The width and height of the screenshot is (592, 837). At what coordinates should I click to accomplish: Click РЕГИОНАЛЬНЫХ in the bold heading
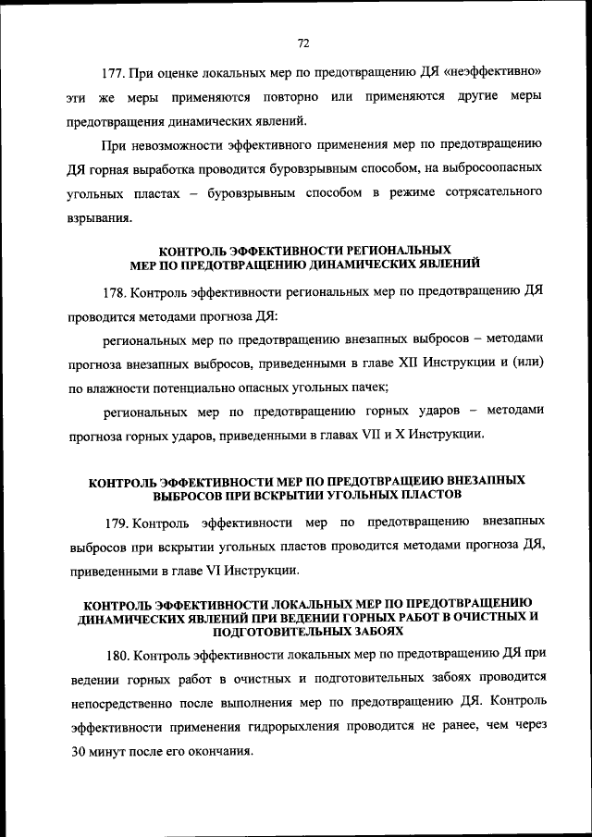[x=397, y=251]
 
